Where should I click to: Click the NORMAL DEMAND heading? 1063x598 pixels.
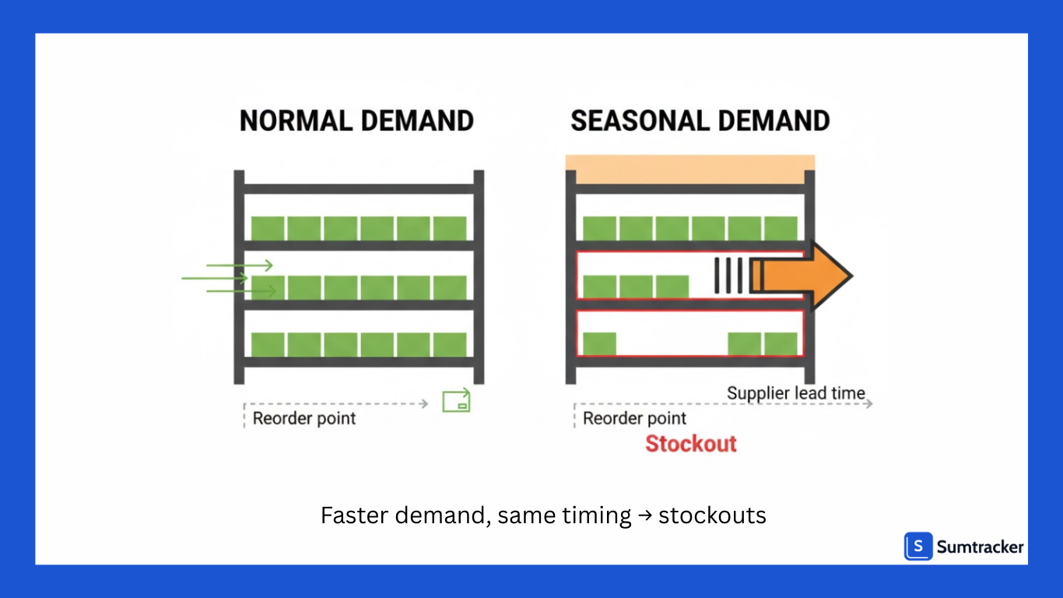(356, 121)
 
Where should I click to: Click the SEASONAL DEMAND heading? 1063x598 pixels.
(700, 121)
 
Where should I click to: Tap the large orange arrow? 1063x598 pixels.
(802, 276)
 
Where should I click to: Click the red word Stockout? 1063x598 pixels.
(691, 444)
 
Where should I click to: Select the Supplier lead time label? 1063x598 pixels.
(795, 393)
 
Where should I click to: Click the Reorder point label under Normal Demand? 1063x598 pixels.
(304, 418)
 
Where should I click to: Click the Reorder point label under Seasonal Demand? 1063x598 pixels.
(634, 418)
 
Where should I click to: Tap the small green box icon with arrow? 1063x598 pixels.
(456, 400)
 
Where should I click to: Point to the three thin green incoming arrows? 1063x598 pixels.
(230, 278)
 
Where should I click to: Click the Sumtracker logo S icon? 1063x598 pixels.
(918, 547)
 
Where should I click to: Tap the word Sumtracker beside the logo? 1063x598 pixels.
(981, 547)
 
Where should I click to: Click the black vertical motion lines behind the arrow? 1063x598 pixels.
(731, 276)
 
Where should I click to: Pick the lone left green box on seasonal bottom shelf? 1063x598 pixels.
(599, 343)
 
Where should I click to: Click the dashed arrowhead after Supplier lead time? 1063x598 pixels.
(868, 403)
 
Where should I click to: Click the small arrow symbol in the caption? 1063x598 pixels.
(645, 515)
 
